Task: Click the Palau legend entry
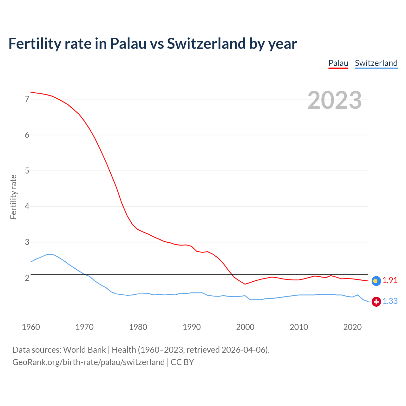click(x=338, y=63)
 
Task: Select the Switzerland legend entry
click(x=376, y=63)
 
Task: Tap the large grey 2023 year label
click(x=334, y=100)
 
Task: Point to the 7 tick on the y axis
click(x=27, y=99)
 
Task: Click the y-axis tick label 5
click(x=27, y=171)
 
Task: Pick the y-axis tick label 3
click(x=27, y=242)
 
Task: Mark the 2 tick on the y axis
click(x=27, y=278)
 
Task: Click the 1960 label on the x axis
click(x=31, y=327)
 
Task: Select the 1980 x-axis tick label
click(x=138, y=327)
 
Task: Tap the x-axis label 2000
click(x=245, y=327)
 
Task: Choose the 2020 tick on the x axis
click(x=352, y=327)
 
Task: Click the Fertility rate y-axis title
click(x=13, y=197)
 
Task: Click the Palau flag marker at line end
click(x=376, y=281)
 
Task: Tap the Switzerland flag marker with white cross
click(x=376, y=302)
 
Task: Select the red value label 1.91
click(x=390, y=280)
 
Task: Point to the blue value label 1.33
click(x=390, y=301)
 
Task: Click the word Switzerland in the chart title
click(x=206, y=43)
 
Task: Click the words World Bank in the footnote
click(x=84, y=350)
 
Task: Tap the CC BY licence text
click(x=182, y=362)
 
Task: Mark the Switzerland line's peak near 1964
click(x=52, y=254)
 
